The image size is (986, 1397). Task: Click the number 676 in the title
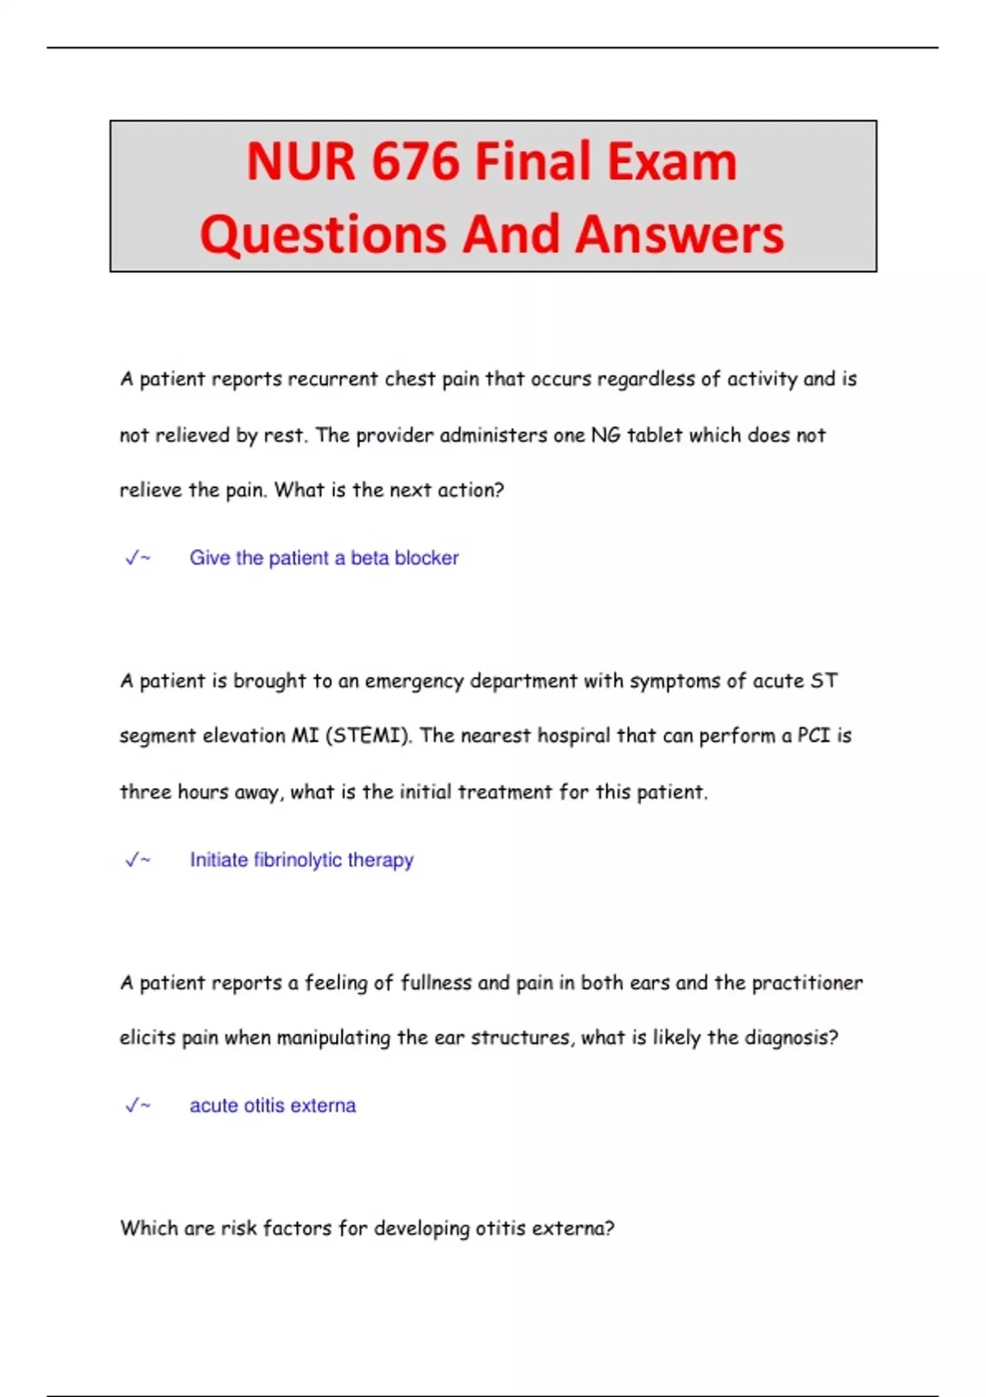414,161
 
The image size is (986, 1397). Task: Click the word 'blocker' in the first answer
426,558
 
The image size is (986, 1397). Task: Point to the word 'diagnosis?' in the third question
791,1038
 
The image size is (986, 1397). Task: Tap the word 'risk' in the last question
239,1228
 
